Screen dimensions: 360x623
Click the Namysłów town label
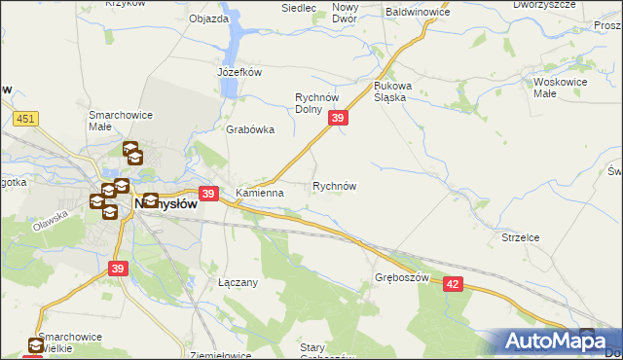165,205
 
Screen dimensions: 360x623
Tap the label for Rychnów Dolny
316,102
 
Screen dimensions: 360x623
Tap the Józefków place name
239,71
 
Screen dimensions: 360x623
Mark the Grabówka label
250,129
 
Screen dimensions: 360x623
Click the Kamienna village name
259,193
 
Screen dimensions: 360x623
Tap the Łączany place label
237,282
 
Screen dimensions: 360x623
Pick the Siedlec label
299,8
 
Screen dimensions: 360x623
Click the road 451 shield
26,119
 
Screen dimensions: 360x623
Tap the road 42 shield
453,282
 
